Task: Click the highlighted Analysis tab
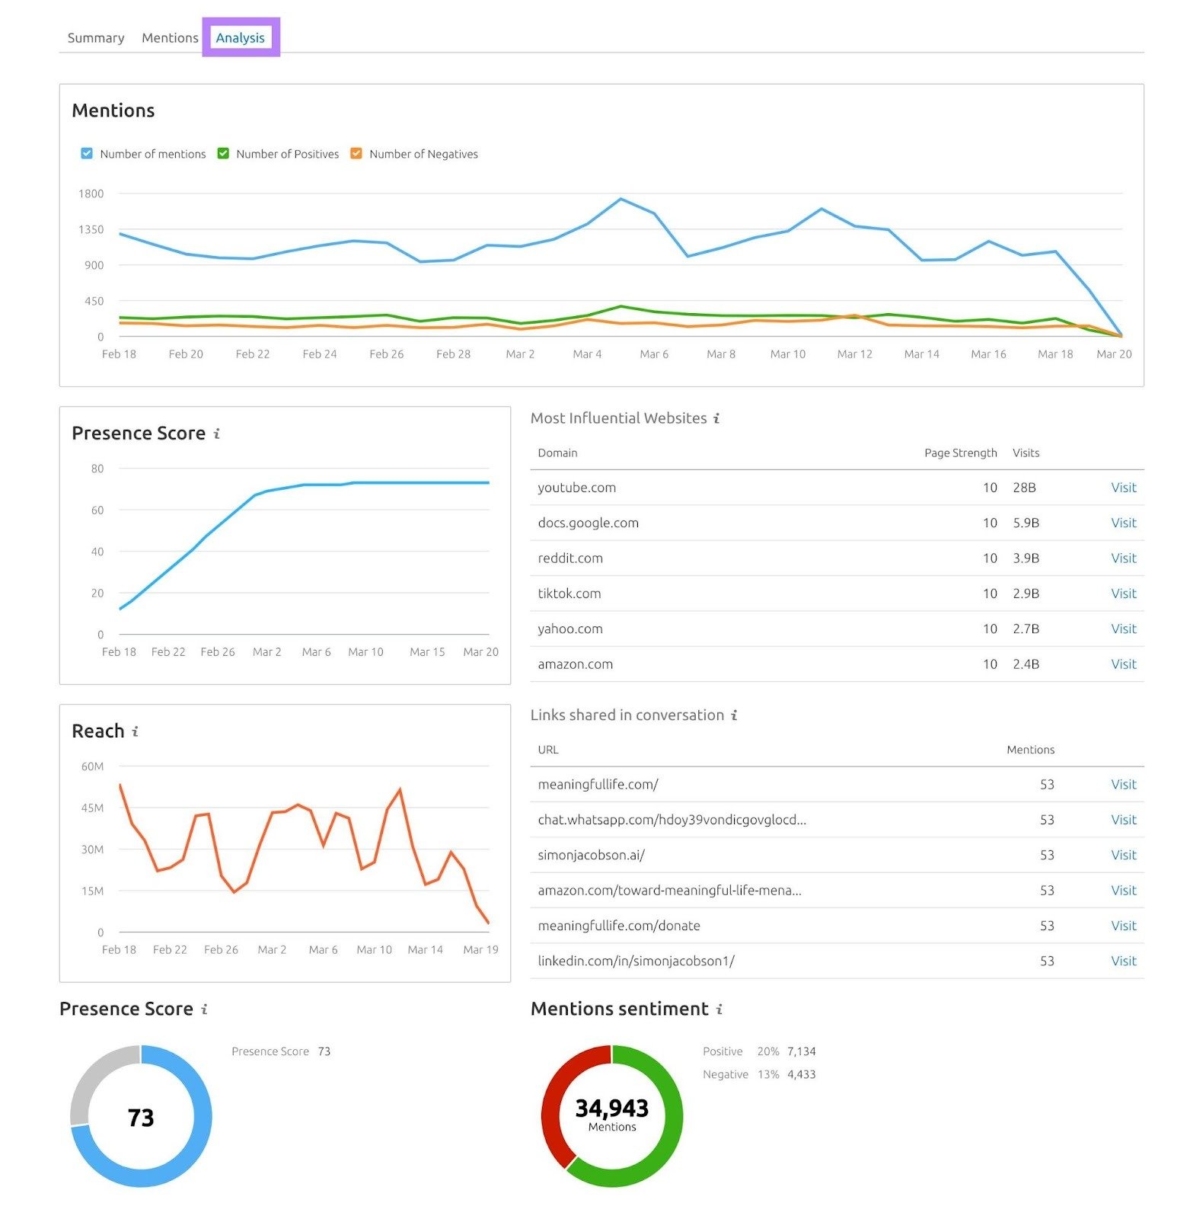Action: (x=240, y=37)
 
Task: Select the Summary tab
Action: (x=96, y=37)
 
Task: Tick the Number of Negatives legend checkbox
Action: (x=356, y=153)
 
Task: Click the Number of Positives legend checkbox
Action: (x=223, y=153)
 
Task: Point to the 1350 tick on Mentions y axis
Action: (x=91, y=229)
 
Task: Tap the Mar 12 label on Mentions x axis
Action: (x=854, y=354)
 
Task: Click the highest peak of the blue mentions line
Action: (x=621, y=200)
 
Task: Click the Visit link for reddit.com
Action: (x=1123, y=558)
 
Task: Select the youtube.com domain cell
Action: (x=576, y=488)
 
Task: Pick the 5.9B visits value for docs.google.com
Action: (x=1026, y=523)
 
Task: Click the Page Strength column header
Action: (x=960, y=453)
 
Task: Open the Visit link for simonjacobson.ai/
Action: (x=1123, y=855)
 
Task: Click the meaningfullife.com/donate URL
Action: (x=618, y=926)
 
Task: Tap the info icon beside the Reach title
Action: (x=136, y=731)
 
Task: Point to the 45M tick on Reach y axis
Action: (x=92, y=808)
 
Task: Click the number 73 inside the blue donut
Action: (x=141, y=1117)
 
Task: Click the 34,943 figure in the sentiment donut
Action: (x=611, y=1108)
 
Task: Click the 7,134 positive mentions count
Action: (x=801, y=1051)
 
